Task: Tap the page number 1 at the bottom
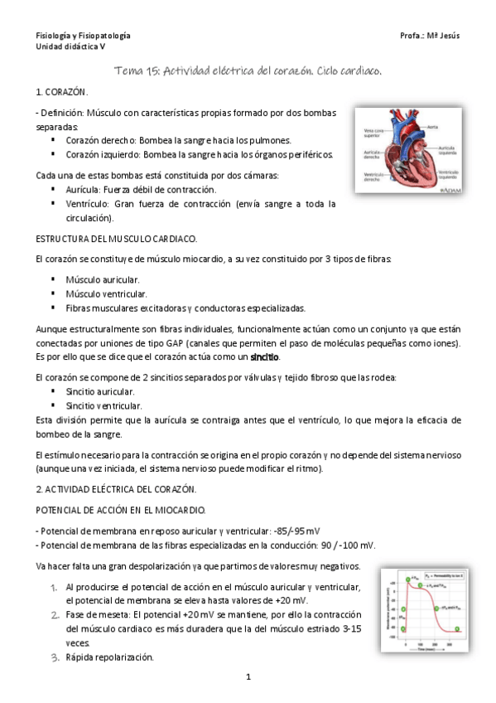[x=248, y=677]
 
